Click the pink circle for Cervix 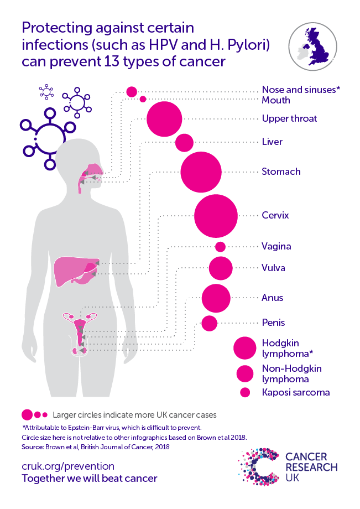point(216,216)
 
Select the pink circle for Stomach point(201,172)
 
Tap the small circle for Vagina point(220,247)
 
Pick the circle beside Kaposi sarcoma point(245,392)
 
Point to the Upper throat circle point(164,119)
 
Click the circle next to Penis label point(209,323)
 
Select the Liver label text point(272,142)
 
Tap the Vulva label point(273,268)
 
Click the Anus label point(273,298)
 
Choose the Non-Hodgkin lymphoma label point(292,373)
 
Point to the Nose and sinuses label point(301,90)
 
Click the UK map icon point(312,46)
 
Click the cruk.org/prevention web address point(68,466)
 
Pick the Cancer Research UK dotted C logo point(258,467)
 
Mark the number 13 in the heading point(112,61)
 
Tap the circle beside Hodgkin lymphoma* point(245,348)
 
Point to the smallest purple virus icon point(46,91)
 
